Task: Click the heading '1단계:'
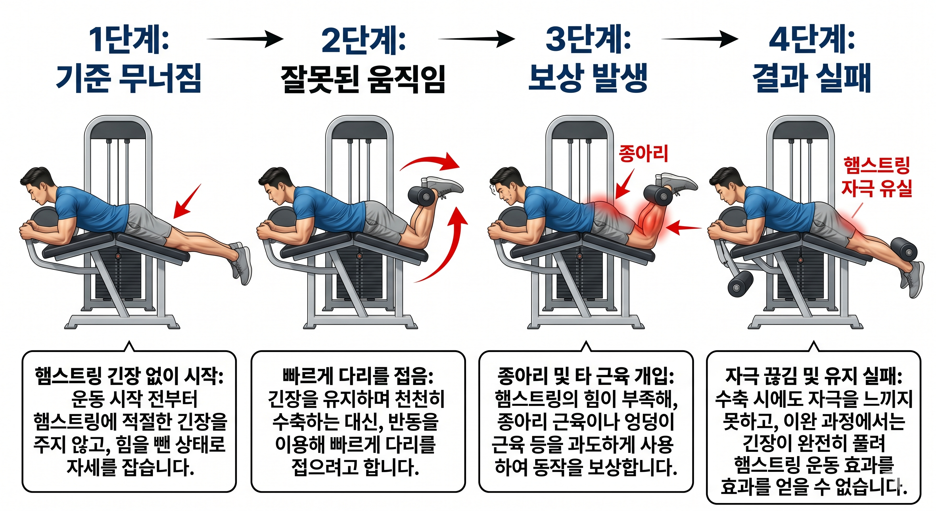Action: pos(129,40)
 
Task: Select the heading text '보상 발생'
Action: pos(588,78)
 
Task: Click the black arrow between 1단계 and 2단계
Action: pos(245,39)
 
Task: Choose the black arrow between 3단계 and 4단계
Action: pos(699,39)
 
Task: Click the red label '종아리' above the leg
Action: pos(643,153)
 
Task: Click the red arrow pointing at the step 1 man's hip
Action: pos(187,201)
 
